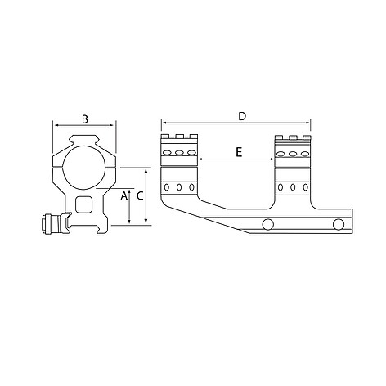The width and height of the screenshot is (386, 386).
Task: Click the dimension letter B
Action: click(85, 119)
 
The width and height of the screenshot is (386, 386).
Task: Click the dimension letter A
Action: click(124, 195)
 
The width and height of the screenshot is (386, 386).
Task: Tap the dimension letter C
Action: click(140, 195)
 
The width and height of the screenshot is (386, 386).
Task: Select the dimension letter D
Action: click(242, 116)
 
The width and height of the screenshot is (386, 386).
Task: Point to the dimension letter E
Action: click(239, 152)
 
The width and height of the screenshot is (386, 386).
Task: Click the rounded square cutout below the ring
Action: click(84, 204)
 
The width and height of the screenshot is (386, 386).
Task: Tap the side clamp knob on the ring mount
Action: click(52, 224)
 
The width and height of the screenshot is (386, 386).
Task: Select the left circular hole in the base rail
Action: click(267, 224)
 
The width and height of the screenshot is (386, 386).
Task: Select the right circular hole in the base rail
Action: click(339, 224)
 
